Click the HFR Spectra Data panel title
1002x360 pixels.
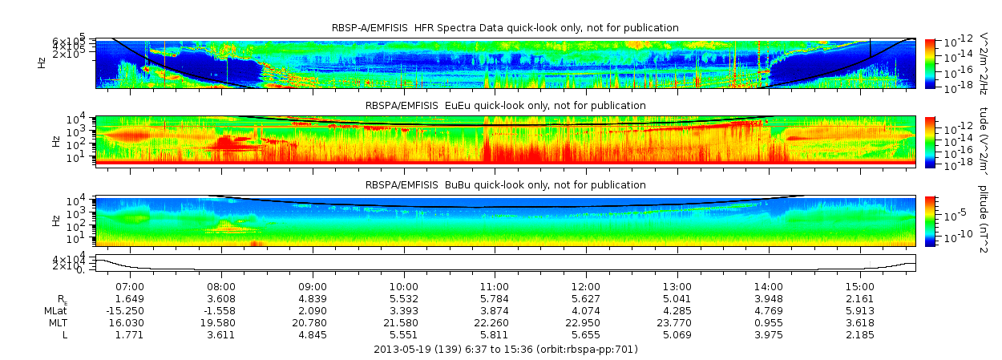click(x=505, y=28)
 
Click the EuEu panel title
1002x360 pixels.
click(x=505, y=105)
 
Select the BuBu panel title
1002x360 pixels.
click(x=505, y=185)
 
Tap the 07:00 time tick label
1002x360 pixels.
click(x=130, y=286)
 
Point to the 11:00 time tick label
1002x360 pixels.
click(x=495, y=286)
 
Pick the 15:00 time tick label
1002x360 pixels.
click(x=859, y=286)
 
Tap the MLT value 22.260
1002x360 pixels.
click(x=495, y=322)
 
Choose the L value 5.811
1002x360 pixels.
click(x=495, y=334)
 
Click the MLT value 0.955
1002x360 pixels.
click(x=769, y=322)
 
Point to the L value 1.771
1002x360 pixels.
click(x=130, y=334)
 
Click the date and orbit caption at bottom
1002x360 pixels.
click(x=505, y=350)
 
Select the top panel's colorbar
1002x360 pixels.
click(x=930, y=63)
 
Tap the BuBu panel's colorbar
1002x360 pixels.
click(x=930, y=220)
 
